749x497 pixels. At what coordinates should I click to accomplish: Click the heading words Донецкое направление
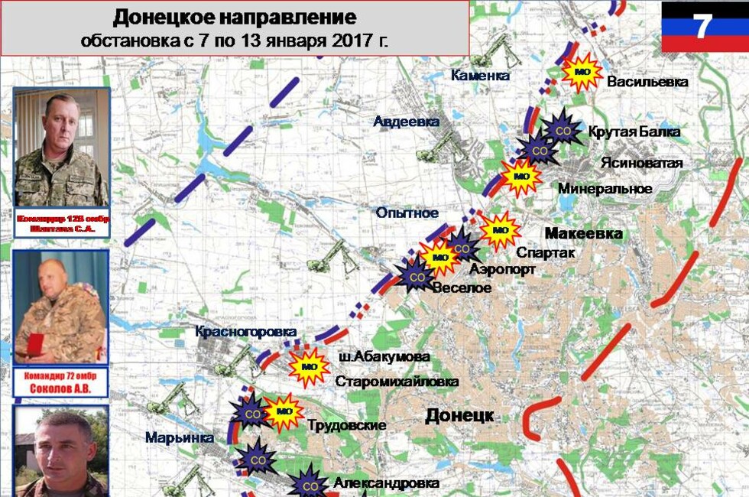(x=235, y=17)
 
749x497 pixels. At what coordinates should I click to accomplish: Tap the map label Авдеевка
(x=406, y=122)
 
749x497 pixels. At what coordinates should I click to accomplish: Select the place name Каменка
(x=479, y=75)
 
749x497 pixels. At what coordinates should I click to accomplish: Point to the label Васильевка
(x=647, y=82)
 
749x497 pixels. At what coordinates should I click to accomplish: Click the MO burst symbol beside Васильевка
(x=582, y=73)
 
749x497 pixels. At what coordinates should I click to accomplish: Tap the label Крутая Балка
(x=634, y=132)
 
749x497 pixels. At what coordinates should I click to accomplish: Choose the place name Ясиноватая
(x=640, y=163)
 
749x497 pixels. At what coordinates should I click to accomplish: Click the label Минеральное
(x=605, y=188)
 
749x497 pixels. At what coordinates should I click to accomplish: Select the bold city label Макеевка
(x=583, y=233)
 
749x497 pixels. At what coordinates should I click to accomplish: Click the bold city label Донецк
(x=459, y=415)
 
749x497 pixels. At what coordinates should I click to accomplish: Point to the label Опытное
(x=407, y=213)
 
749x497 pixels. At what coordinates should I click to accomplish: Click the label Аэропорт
(x=502, y=269)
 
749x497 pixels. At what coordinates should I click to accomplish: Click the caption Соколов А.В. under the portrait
(x=60, y=388)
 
